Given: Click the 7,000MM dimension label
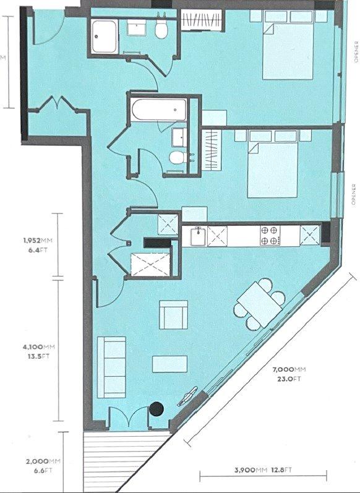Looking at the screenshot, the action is (289, 369).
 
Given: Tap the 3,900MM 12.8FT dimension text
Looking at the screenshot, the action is (263, 470).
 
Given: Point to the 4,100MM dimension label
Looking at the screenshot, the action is (39, 347).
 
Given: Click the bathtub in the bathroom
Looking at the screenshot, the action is (159, 109).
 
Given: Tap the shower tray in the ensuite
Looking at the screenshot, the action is (105, 36).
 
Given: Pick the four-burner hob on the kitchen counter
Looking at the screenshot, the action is (270, 236).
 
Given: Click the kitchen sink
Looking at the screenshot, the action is (198, 236).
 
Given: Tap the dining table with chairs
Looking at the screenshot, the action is (260, 304).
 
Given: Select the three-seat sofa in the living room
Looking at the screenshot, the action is (111, 367).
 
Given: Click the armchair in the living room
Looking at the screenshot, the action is (174, 315).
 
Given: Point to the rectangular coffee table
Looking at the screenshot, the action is (169, 364).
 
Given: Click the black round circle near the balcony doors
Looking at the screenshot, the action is (156, 409).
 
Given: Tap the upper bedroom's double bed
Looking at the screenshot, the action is (288, 45).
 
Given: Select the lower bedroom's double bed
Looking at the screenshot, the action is (273, 164).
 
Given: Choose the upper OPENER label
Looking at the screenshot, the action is (356, 52).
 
